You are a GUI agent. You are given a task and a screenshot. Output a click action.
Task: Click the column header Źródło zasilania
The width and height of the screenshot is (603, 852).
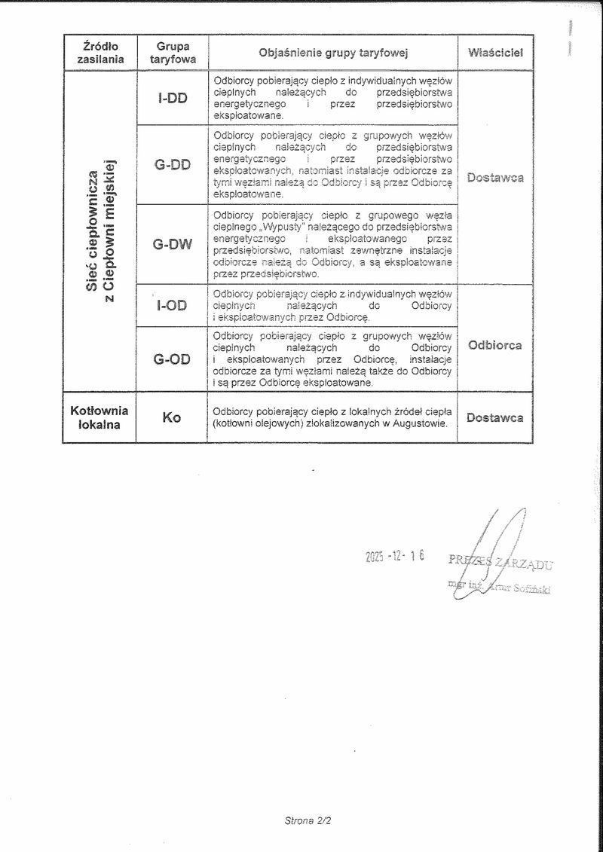coord(99,53)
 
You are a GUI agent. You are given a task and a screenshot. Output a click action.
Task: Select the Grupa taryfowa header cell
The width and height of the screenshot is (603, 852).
coord(173,53)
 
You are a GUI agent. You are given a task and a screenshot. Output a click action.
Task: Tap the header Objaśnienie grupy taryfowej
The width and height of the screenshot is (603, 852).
coord(332,53)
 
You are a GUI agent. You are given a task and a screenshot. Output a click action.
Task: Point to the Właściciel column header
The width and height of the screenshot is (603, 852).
coord(495,53)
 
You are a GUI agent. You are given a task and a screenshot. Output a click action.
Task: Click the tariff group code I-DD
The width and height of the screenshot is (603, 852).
coord(173,98)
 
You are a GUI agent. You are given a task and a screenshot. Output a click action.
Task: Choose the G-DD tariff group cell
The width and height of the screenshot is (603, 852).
coord(173,164)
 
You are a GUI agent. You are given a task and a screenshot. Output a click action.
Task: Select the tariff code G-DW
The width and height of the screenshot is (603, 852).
coord(172,244)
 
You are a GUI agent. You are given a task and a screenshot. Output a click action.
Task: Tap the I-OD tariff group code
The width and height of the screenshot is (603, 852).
coord(172,306)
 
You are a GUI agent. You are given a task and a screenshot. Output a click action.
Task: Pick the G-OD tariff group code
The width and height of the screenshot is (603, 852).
coord(172,359)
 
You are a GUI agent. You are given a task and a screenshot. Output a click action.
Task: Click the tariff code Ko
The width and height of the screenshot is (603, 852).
coord(172,417)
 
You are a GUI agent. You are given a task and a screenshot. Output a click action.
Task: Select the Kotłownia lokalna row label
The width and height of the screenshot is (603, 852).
coord(99,417)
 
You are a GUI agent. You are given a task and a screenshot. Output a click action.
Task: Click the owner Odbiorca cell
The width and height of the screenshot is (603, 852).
coord(494,346)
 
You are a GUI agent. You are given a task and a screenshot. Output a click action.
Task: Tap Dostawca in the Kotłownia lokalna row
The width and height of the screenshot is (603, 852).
coord(494,417)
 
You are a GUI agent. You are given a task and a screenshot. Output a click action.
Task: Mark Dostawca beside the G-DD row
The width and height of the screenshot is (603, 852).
coord(494,178)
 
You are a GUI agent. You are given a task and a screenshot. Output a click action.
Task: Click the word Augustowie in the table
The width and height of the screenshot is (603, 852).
coord(419,423)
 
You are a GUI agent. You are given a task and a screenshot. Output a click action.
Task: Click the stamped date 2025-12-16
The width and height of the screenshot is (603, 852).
coord(395,556)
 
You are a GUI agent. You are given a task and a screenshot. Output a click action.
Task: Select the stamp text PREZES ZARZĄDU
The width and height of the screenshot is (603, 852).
coord(500,561)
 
